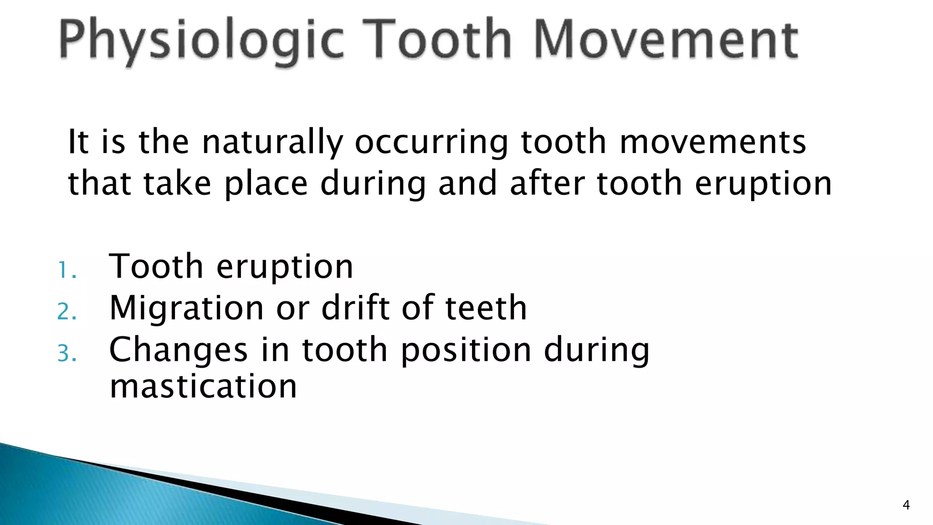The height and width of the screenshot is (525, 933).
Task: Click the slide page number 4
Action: [x=906, y=505]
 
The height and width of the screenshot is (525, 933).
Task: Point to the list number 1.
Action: [x=67, y=270]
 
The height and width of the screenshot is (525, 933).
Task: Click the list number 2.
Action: [x=67, y=312]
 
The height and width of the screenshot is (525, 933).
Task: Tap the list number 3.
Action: [x=67, y=353]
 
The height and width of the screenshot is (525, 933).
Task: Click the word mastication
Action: [x=203, y=386]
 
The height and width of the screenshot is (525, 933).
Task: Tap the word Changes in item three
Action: [x=179, y=350]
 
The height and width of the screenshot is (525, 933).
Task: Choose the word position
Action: [x=466, y=350]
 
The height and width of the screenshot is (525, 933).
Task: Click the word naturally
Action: [x=272, y=143]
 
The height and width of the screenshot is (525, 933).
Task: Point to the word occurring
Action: [x=431, y=143]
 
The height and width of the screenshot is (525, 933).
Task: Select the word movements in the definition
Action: [x=713, y=142]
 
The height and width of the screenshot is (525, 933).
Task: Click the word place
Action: [x=266, y=184]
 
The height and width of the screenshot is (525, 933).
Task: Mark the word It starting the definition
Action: [x=77, y=142]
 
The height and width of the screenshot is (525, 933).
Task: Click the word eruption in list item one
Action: [x=285, y=267]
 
